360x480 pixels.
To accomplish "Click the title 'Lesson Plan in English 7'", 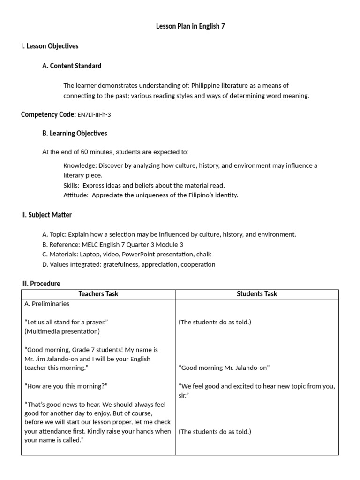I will coord(190,26).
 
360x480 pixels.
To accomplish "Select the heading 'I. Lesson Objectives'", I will coord(50,46).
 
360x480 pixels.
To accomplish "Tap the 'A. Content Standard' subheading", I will coord(72,66).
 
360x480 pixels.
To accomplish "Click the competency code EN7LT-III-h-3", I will coord(94,114).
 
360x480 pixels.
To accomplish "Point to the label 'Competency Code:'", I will coord(48,114).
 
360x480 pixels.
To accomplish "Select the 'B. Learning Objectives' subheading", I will coord(75,134).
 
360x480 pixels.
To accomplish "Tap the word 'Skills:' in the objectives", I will coord(71,185).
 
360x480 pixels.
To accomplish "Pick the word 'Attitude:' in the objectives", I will coord(76,195).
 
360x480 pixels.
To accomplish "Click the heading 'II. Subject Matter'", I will coord(46,215).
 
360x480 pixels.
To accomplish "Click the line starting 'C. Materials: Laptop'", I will coord(127,254).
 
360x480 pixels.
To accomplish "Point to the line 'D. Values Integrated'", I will coord(129,264).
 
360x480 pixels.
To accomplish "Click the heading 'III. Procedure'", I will coord(41,284).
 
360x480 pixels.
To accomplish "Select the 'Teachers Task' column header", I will coord(98,294).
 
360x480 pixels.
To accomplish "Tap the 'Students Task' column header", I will coord(257,294).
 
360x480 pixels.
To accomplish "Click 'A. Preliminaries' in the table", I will coord(47,304).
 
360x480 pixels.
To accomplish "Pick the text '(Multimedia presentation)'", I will coord(62,331).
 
